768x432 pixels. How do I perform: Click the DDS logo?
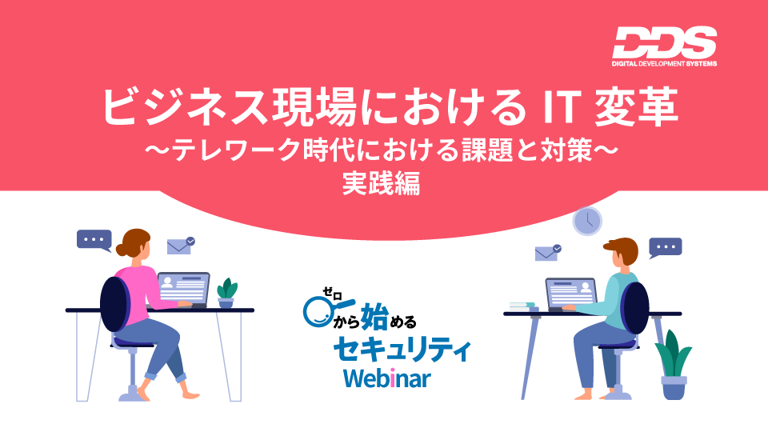click(x=664, y=46)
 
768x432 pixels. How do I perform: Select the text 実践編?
click(x=381, y=184)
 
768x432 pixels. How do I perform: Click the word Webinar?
click(x=387, y=378)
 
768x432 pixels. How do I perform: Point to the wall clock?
click(x=587, y=222)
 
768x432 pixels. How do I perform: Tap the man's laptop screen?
click(x=571, y=293)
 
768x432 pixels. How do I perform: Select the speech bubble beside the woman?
click(x=94, y=241)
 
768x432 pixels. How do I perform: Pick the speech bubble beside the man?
click(x=665, y=248)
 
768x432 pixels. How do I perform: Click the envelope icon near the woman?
click(x=180, y=246)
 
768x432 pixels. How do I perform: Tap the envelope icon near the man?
click(x=547, y=253)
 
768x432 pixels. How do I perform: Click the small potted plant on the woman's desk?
click(x=226, y=293)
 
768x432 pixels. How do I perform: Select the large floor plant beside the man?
click(x=674, y=364)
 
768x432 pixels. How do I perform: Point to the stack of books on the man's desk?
click(x=523, y=306)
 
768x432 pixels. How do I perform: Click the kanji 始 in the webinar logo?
click(x=374, y=317)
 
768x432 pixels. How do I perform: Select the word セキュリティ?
click(x=402, y=350)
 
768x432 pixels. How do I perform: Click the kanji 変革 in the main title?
click(x=637, y=106)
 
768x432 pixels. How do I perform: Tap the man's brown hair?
click(x=623, y=249)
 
